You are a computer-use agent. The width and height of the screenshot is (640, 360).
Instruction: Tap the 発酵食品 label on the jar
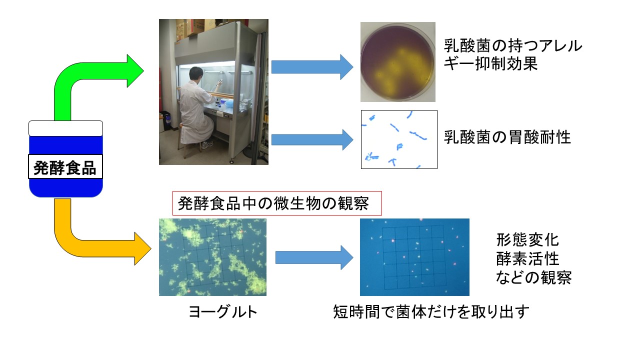pos(65,167)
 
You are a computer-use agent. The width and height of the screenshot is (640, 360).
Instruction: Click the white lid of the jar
pos(65,128)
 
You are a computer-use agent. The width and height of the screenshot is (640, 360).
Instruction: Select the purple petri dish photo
pos(397,61)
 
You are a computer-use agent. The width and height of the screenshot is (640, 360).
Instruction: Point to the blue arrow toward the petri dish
pos(312,67)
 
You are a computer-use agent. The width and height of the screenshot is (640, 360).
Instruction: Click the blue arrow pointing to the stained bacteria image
pos(312,139)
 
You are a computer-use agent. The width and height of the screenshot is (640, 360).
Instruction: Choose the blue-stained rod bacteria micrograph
pos(399,139)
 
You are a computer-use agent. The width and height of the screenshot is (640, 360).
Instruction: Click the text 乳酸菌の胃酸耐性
pos(507,137)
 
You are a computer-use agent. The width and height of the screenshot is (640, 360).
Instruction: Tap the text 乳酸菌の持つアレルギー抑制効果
pos(513,54)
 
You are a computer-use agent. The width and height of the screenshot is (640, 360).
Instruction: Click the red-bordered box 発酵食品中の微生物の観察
pos(277,203)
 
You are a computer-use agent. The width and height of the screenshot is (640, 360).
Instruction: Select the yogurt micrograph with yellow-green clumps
pos(212,257)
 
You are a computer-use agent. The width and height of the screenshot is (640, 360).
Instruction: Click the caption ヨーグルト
pos(223,311)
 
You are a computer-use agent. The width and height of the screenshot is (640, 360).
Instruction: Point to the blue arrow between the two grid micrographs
pos(314,257)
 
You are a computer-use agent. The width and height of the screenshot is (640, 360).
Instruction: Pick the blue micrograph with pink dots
pos(414,257)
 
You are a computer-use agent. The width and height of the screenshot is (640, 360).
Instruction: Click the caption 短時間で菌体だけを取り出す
pos(431,311)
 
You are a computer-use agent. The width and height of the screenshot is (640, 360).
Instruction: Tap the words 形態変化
pos(527,240)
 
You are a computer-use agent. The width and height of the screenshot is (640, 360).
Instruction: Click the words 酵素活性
pos(527,259)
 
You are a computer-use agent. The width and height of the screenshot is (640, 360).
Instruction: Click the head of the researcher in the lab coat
pos(195,74)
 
